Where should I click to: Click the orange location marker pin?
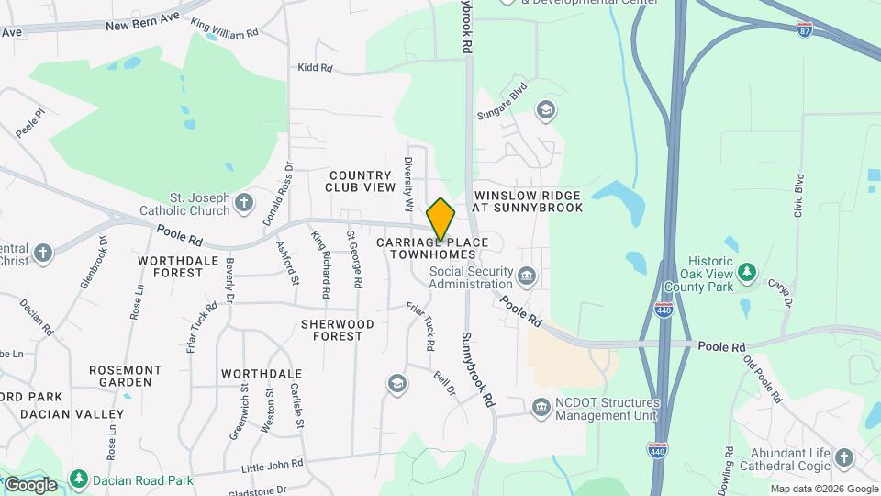[440, 220]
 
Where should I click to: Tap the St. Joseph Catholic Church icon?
[243, 201]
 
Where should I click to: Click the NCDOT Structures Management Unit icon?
[541, 406]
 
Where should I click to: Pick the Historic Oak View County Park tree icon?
[748, 272]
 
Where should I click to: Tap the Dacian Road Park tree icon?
[79, 479]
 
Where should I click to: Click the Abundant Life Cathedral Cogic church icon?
[843, 457]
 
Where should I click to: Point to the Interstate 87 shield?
[804, 29]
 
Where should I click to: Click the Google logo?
[29, 484]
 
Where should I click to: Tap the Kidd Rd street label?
[315, 68]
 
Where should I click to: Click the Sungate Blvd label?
[501, 103]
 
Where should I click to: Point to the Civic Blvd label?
[798, 195]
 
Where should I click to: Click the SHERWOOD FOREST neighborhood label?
[338, 330]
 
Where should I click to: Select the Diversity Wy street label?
[408, 175]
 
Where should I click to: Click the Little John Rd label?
[272, 467]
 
